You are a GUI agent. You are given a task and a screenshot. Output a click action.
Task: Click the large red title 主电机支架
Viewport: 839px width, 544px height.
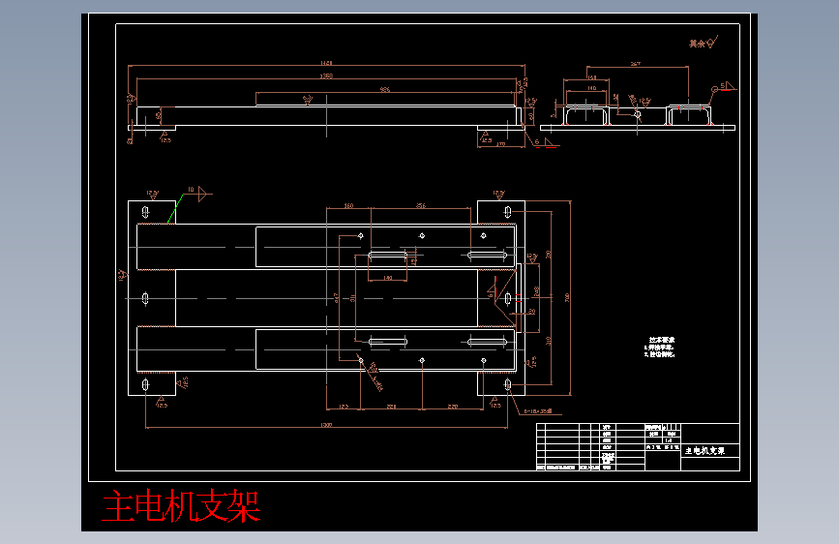pyautogui.click(x=182, y=506)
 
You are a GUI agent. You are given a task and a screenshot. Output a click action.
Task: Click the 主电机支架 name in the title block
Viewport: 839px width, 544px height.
pyautogui.click(x=704, y=451)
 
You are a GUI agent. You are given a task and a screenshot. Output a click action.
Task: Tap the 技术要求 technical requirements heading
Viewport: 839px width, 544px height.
pyautogui.click(x=661, y=340)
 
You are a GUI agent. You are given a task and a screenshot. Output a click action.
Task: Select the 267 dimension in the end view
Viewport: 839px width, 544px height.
pyautogui.click(x=635, y=64)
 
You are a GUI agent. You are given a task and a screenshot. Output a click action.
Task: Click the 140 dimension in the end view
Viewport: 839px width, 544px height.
pyautogui.click(x=591, y=88)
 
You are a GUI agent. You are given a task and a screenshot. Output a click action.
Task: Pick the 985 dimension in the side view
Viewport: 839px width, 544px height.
pyautogui.click(x=384, y=89)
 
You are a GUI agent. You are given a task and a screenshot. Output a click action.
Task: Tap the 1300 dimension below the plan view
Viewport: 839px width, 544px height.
pyautogui.click(x=326, y=426)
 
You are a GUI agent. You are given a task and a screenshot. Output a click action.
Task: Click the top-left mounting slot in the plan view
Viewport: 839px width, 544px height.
pyautogui.click(x=145, y=211)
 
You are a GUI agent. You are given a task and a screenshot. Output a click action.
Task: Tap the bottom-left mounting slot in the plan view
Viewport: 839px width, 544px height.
pyautogui.click(x=145, y=385)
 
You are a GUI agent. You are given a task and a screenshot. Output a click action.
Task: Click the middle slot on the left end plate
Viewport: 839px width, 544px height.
pyautogui.click(x=145, y=298)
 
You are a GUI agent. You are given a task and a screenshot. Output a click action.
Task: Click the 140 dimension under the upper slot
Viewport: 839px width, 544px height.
pyautogui.click(x=388, y=278)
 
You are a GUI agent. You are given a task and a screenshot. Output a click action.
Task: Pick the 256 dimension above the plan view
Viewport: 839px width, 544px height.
pyautogui.click(x=420, y=206)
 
